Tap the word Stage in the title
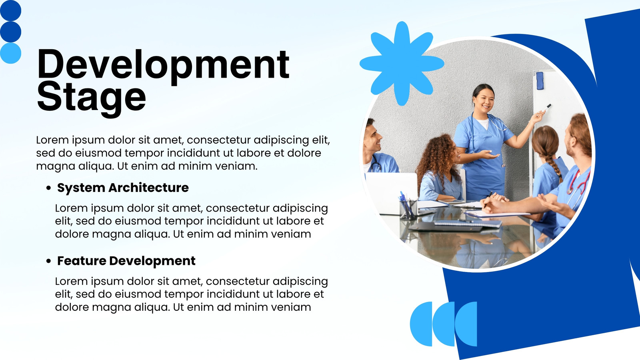(92, 98)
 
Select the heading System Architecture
(123, 188)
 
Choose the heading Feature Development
(126, 261)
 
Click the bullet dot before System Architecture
(48, 188)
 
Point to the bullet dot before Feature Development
(48, 261)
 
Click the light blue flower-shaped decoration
(402, 64)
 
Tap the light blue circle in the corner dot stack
(10, 53)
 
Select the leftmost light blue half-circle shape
(422, 324)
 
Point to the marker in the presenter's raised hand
(547, 108)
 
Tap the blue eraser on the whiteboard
(540, 81)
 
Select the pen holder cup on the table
(408, 209)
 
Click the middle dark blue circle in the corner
(10, 32)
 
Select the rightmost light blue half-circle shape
(466, 324)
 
